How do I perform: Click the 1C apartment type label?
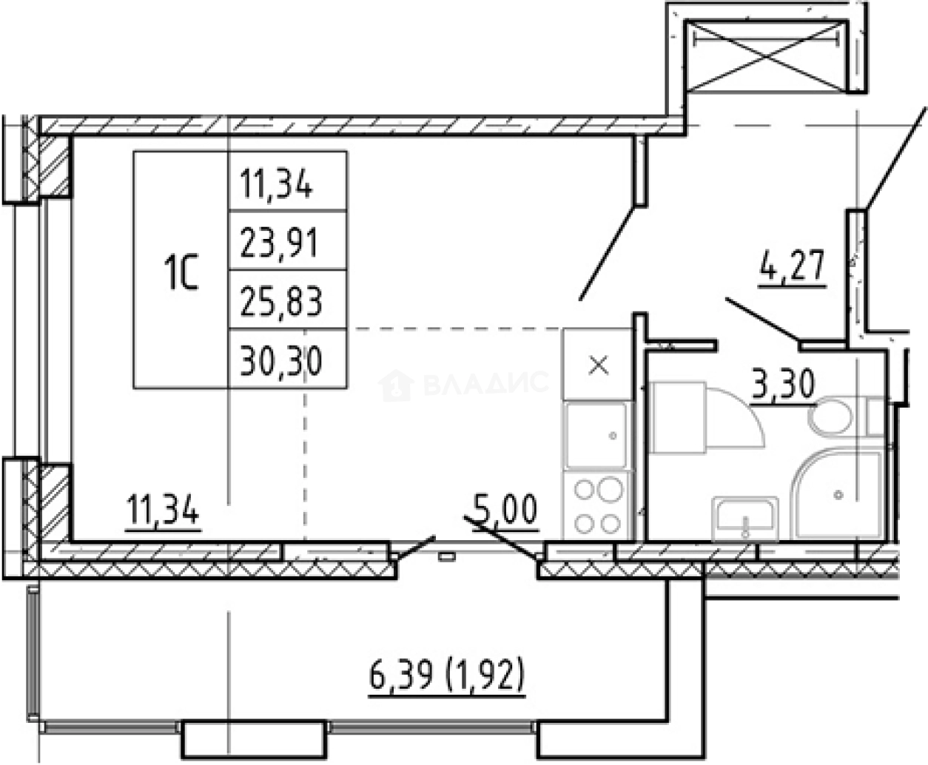tap(181, 272)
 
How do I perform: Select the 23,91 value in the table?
tap(280, 243)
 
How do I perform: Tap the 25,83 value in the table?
tap(281, 301)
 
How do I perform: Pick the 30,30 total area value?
tap(281, 361)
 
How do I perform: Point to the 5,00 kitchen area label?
tap(505, 509)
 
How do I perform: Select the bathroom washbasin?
tap(745, 519)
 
